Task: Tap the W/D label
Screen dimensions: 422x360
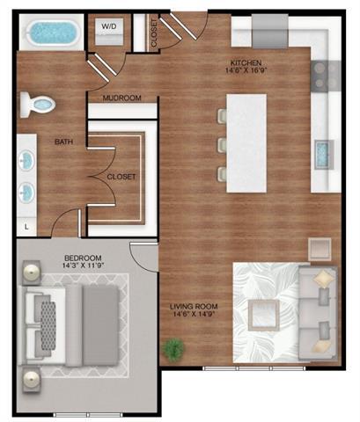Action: (x=108, y=27)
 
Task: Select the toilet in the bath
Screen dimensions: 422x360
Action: (x=40, y=104)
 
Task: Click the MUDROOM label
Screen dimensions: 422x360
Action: (x=122, y=98)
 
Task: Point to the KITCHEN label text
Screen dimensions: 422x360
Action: (x=245, y=63)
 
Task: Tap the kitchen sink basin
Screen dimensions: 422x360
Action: (x=322, y=154)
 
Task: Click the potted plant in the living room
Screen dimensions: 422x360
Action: (x=173, y=348)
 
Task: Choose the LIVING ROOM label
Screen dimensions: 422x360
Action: (x=194, y=307)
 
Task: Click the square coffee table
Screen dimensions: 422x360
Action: (x=263, y=312)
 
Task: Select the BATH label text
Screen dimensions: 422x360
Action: (x=62, y=142)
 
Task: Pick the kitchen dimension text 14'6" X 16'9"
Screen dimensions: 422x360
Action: (x=246, y=72)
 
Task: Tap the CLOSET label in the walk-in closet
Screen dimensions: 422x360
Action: (x=121, y=177)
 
